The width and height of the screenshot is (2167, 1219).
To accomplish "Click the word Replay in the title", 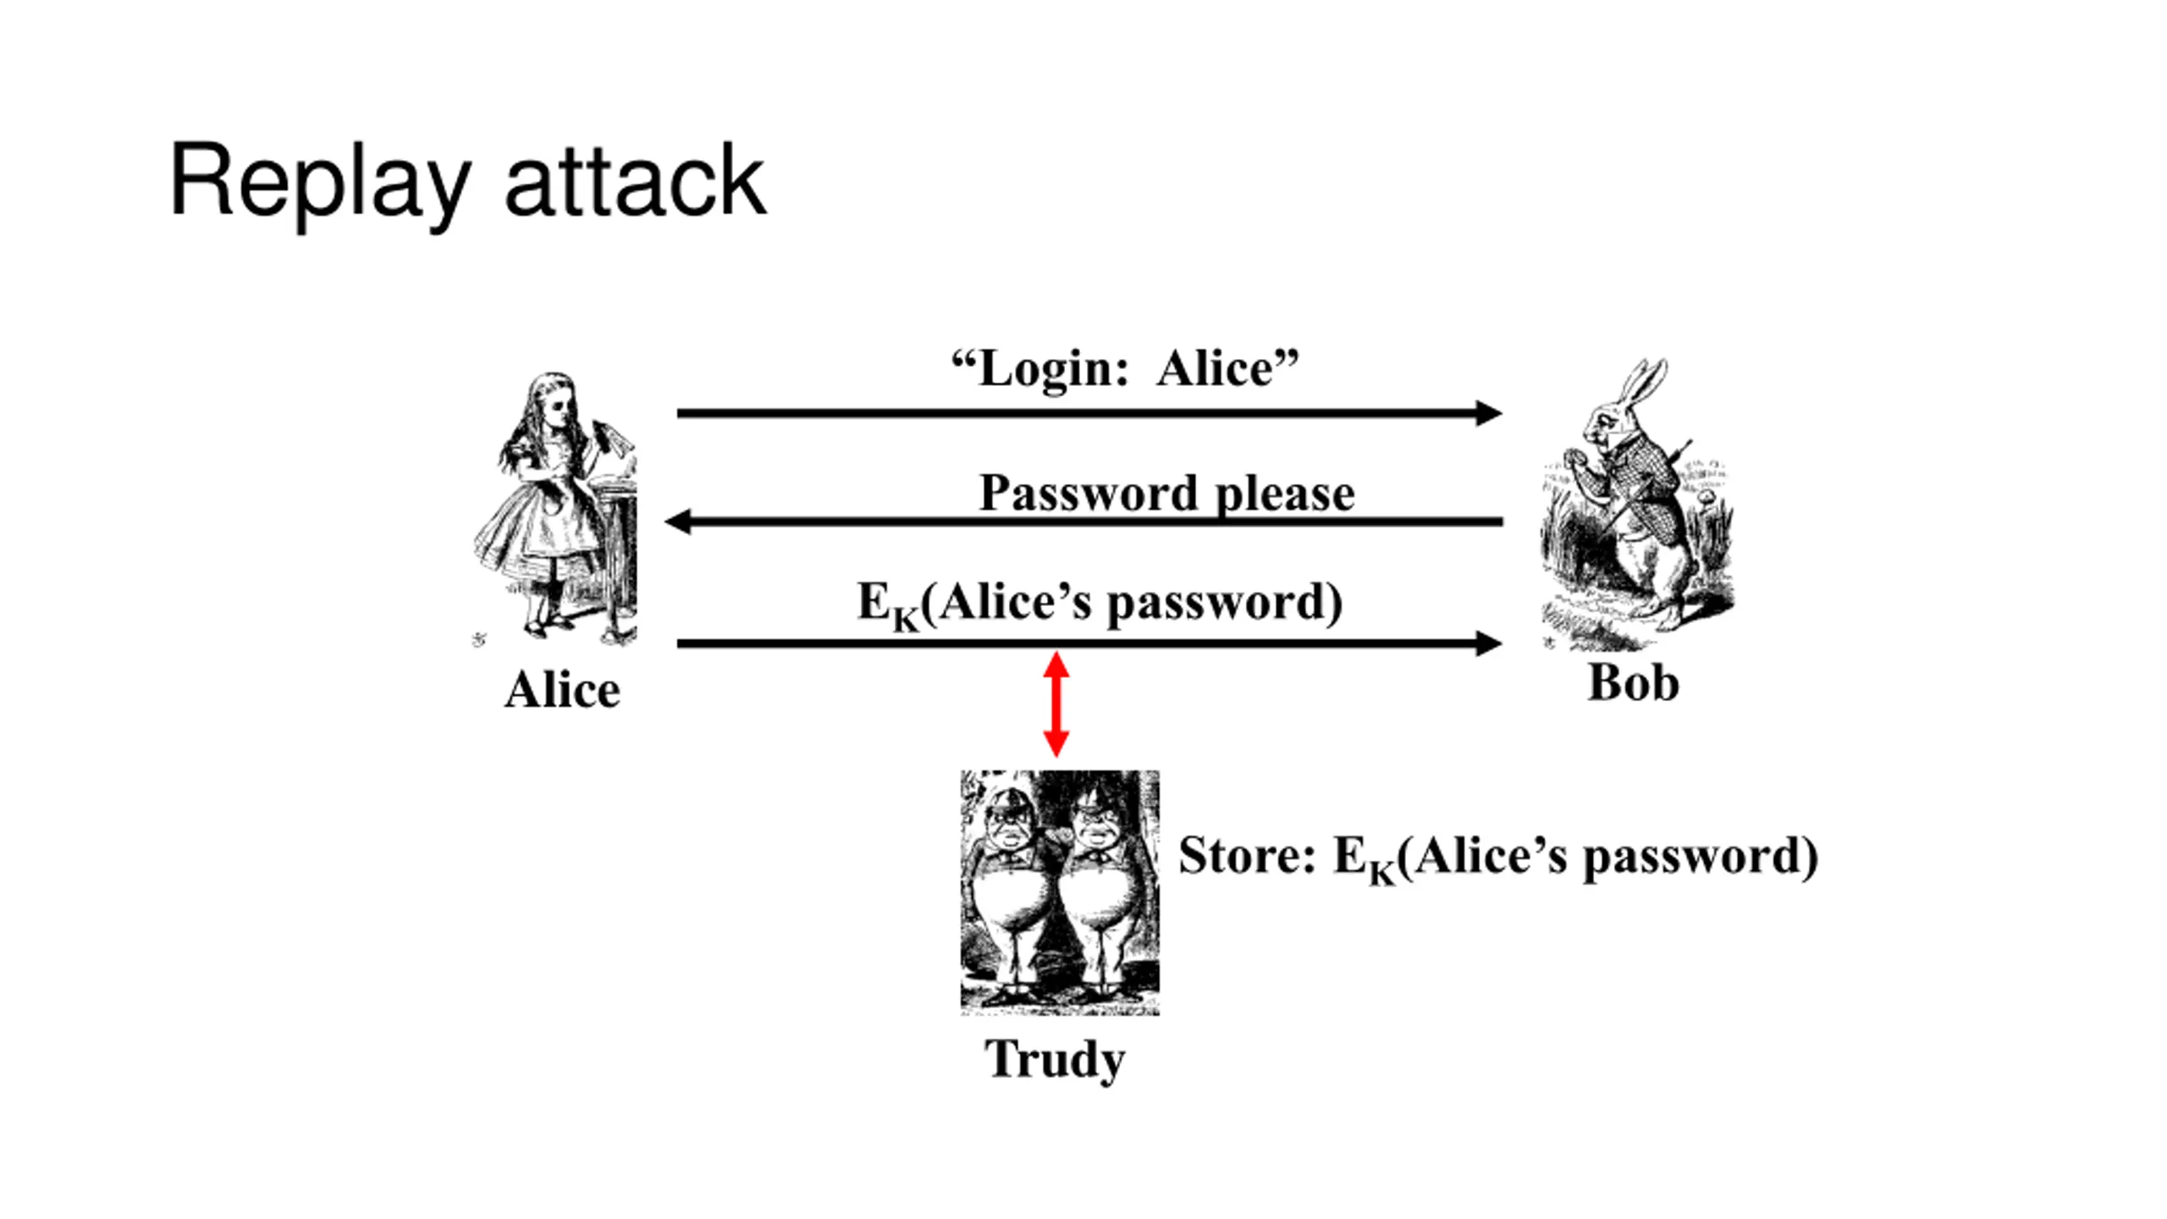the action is [x=320, y=185].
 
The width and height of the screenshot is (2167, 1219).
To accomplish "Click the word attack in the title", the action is [x=635, y=180].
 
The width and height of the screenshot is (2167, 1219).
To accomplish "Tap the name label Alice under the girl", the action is [x=562, y=690].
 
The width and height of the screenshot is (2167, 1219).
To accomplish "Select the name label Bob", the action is [x=1633, y=682].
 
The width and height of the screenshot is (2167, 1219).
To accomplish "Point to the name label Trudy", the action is [x=1055, y=1060].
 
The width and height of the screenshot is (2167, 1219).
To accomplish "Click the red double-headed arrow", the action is [x=1056, y=703].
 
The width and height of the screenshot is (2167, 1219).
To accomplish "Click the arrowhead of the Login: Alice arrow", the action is [x=1489, y=413].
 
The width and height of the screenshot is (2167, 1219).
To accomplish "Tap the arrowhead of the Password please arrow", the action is [x=679, y=521].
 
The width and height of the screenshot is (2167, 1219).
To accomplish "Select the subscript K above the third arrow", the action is [x=905, y=620].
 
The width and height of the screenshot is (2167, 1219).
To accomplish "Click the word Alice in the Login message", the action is [x=1216, y=370].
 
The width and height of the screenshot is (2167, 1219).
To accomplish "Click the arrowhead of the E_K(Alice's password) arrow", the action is [x=1489, y=643].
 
